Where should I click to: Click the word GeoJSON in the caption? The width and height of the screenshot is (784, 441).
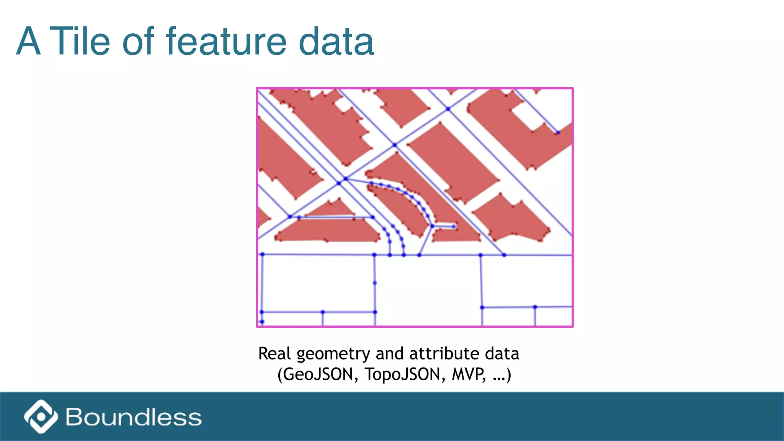318,374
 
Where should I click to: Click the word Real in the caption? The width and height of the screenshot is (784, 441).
274,354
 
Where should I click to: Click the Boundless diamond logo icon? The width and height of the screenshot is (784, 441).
41,416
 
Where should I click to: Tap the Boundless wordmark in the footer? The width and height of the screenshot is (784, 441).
134,417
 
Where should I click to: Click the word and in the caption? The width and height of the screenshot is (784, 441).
390,354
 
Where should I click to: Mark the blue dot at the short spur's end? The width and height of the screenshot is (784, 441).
454,227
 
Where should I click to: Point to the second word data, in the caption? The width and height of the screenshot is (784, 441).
502,354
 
